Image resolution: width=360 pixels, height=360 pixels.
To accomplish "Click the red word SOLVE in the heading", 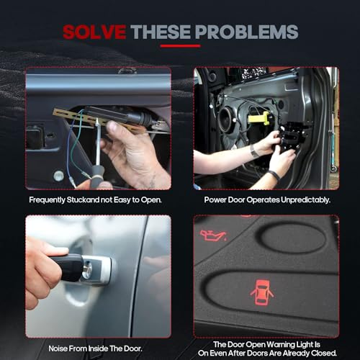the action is [94, 32].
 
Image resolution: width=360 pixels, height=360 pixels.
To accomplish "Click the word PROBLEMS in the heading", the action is [246, 32].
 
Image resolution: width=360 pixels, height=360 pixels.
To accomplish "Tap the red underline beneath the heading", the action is [180, 46].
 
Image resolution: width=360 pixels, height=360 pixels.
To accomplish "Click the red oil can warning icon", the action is [213, 235].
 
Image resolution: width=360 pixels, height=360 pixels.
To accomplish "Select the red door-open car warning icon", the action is [262, 292].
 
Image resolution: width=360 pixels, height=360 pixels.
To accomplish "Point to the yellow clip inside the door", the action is [258, 118].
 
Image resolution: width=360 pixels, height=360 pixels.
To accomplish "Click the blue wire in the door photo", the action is [70, 144].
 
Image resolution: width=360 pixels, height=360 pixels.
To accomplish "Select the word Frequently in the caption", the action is [47, 200].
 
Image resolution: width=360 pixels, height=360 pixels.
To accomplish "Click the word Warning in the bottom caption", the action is [280, 344].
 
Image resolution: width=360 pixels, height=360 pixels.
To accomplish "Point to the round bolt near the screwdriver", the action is [58, 176].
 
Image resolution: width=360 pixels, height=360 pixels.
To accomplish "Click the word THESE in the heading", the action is [161, 32].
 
